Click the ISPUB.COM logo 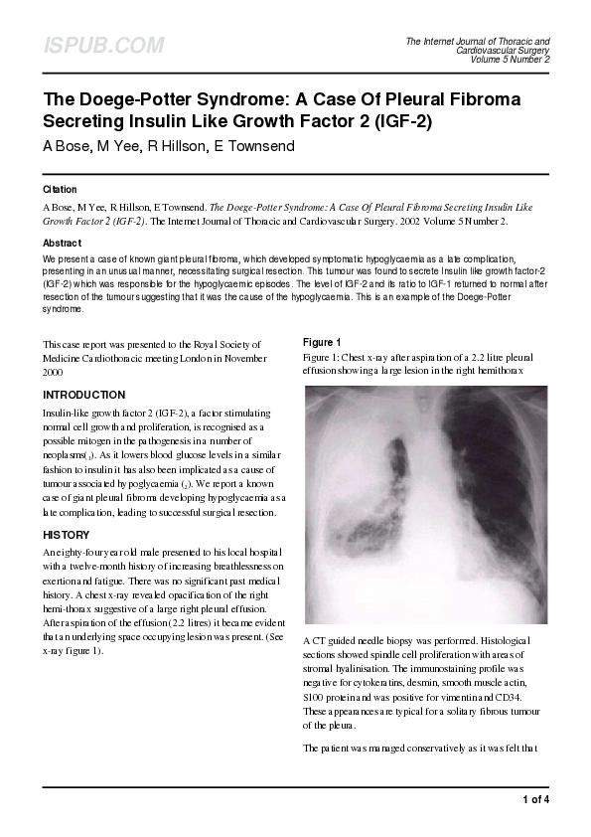(x=102, y=46)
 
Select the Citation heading (x=60, y=189)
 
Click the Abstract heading (x=63, y=243)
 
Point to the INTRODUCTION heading (x=84, y=395)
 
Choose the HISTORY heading (x=67, y=535)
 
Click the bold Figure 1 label (x=322, y=342)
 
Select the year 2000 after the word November (x=55, y=373)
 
